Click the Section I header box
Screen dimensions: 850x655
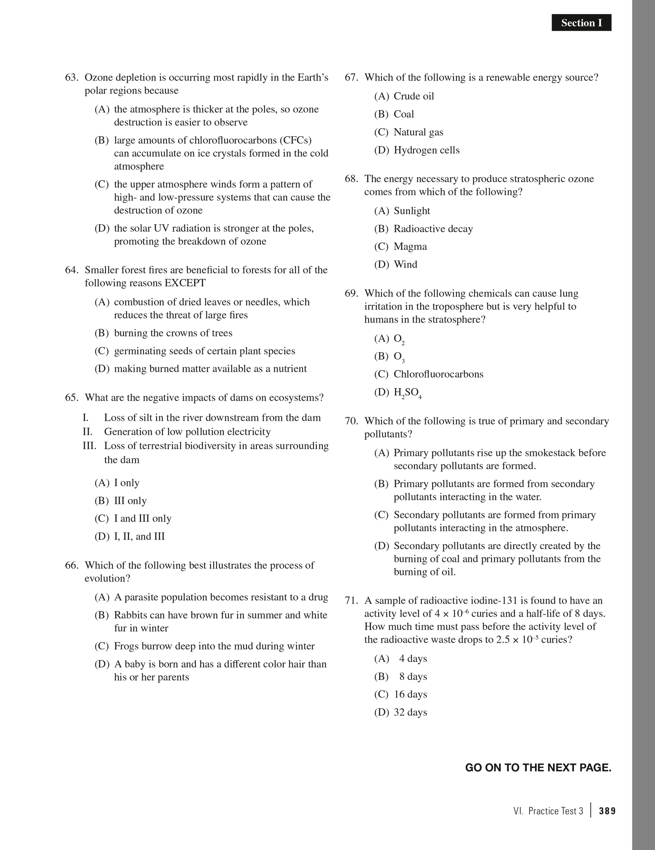coord(581,23)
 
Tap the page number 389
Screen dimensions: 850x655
coord(607,811)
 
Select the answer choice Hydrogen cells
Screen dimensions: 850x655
coord(426,150)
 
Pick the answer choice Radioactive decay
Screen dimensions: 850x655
coord(433,229)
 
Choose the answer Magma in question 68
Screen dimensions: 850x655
coord(410,246)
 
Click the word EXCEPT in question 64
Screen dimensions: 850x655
coord(185,283)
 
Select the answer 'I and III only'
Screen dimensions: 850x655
coord(142,518)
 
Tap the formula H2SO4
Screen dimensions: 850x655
coord(407,393)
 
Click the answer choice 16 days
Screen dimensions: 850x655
coord(410,694)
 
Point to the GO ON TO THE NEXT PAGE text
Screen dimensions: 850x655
coord(538,768)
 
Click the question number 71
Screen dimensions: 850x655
coord(351,600)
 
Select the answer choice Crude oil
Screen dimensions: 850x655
coord(413,96)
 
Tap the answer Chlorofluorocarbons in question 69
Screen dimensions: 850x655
coord(438,374)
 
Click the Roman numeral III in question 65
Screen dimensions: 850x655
coord(89,446)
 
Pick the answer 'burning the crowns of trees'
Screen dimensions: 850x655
coord(173,333)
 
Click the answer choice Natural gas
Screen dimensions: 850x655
coord(418,132)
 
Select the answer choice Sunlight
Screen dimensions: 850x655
coord(412,211)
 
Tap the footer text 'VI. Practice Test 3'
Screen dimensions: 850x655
coord(548,811)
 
